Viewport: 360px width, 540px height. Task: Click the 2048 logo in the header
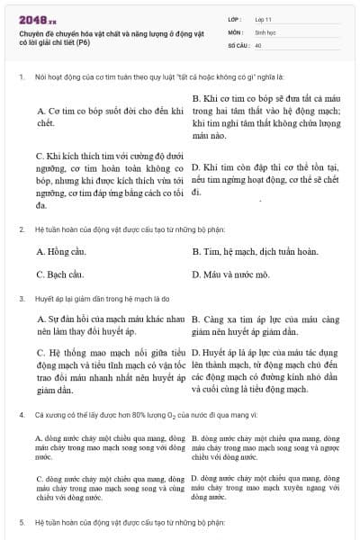37,18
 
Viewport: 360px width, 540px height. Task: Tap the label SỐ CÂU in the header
238,43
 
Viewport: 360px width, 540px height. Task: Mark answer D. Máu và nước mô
231,273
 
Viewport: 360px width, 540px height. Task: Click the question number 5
21,520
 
